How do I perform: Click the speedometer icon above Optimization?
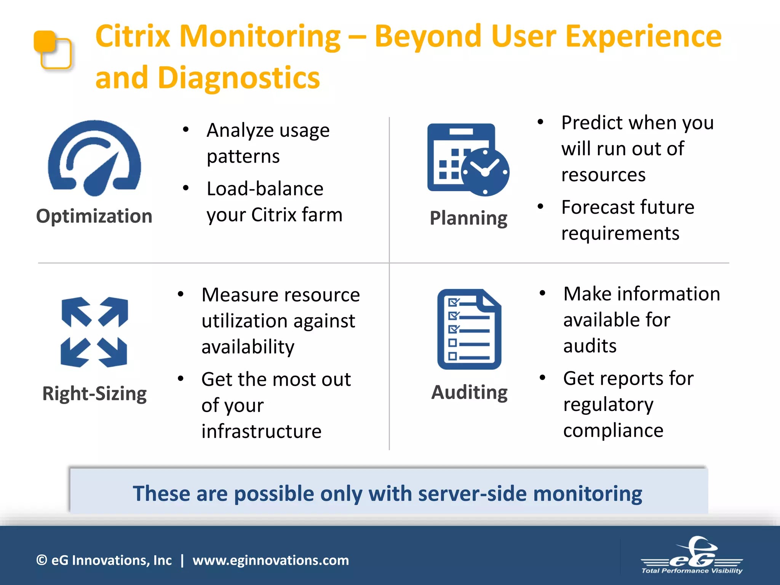click(94, 158)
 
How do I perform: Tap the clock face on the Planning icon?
click(485, 172)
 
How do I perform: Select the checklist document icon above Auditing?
click(469, 329)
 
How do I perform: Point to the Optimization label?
click(94, 216)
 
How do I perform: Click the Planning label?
click(468, 218)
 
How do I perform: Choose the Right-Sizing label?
click(94, 393)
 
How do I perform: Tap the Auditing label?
click(469, 392)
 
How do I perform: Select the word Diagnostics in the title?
click(239, 78)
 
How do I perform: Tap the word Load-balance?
click(265, 189)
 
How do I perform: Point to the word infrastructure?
click(261, 432)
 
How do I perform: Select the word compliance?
click(613, 430)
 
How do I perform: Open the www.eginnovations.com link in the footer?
click(270, 560)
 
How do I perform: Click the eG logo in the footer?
click(692, 555)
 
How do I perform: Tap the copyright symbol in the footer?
click(41, 560)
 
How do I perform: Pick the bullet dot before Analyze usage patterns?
click(185, 130)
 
